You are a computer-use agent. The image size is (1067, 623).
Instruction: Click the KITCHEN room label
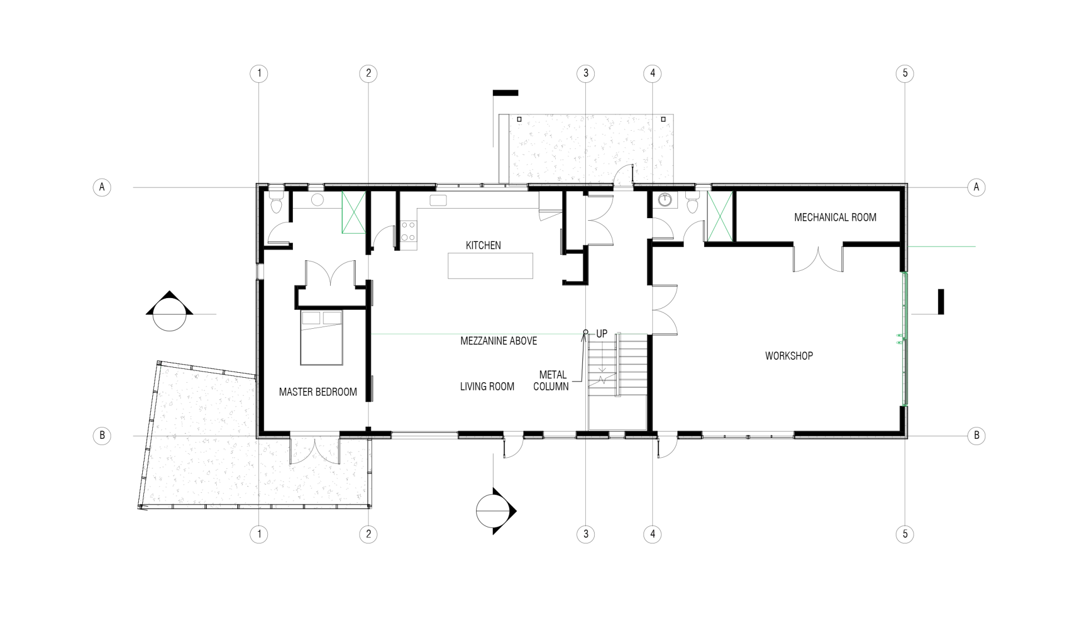(483, 245)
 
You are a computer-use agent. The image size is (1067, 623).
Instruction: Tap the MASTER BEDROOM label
(318, 392)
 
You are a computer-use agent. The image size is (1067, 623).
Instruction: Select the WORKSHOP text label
(789, 356)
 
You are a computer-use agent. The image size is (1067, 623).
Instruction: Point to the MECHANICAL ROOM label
(835, 217)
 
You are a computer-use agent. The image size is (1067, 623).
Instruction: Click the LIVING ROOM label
(487, 387)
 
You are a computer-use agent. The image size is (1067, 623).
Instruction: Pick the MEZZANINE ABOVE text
(498, 341)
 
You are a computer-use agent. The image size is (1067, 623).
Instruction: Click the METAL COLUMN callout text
(551, 380)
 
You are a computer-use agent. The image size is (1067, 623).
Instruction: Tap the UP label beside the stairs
(602, 334)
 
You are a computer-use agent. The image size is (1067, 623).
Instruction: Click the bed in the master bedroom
(322, 338)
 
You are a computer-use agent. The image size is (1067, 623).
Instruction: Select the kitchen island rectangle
(490, 265)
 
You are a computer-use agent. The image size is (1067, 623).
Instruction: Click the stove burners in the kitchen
(408, 231)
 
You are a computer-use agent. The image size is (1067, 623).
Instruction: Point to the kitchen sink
(438, 201)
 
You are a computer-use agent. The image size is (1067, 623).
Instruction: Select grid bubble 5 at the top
(905, 73)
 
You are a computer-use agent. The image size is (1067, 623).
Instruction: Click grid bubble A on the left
(102, 187)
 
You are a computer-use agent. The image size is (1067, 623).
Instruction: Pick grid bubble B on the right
(976, 436)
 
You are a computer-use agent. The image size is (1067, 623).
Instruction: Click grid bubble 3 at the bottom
(585, 535)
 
